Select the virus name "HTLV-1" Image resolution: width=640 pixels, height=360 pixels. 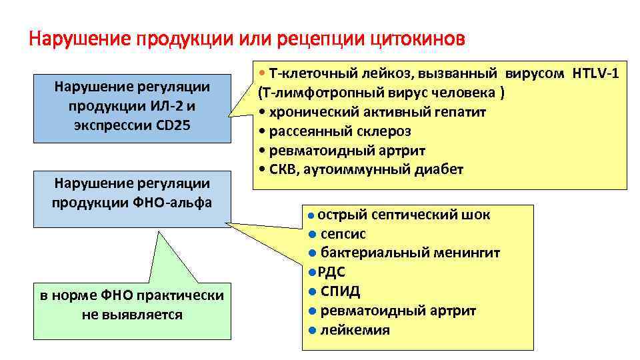coord(595,73)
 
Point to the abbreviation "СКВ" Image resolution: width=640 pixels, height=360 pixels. coord(283,169)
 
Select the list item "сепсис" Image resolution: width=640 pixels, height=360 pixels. coord(343,234)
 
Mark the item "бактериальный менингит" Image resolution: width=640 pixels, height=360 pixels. coord(410,253)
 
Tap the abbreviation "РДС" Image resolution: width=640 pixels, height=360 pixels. coord(331,272)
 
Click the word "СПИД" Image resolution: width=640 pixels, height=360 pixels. coord(340,291)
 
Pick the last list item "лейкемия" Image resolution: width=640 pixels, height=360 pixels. coord(355,330)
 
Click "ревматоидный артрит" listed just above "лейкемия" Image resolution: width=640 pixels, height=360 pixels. coord(398,311)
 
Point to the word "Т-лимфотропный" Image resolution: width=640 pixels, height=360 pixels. coord(310,92)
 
